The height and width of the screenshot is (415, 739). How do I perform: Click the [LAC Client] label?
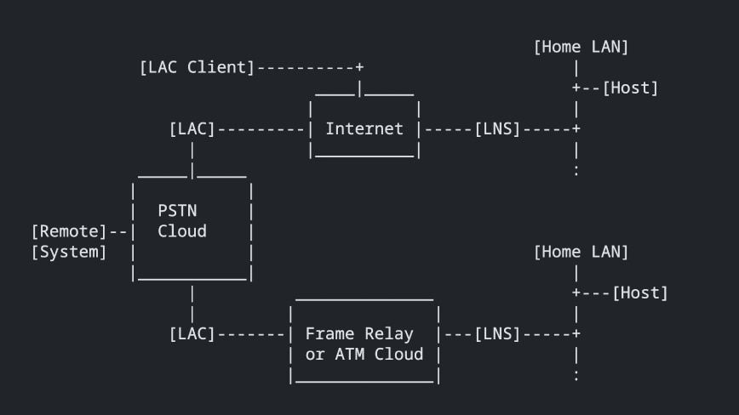click(197, 67)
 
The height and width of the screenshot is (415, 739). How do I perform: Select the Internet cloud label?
click(364, 129)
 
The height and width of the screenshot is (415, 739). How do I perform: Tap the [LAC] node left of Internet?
click(192, 129)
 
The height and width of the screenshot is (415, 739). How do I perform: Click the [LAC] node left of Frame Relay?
click(192, 334)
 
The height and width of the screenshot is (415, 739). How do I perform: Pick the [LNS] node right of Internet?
click(497, 129)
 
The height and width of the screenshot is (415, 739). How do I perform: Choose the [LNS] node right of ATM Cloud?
click(497, 334)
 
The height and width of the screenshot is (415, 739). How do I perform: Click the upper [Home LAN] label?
click(581, 47)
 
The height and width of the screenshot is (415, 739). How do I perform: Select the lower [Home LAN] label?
click(581, 252)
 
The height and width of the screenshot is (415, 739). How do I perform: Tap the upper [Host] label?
click(630, 88)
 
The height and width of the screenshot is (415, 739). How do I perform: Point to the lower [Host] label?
click(640, 293)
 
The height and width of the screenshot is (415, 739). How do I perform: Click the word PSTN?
click(177, 210)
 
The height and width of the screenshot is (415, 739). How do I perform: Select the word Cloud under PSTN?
click(182, 231)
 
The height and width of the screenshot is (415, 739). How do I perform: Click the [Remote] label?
click(69, 231)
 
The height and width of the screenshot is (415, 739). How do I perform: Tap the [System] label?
click(69, 252)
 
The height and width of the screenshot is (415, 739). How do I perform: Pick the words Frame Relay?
click(359, 334)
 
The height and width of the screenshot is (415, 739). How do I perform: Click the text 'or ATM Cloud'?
click(364, 355)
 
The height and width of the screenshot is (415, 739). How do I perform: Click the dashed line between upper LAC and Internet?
click(260, 129)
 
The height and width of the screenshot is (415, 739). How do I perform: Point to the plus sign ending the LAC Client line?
click(359, 67)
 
